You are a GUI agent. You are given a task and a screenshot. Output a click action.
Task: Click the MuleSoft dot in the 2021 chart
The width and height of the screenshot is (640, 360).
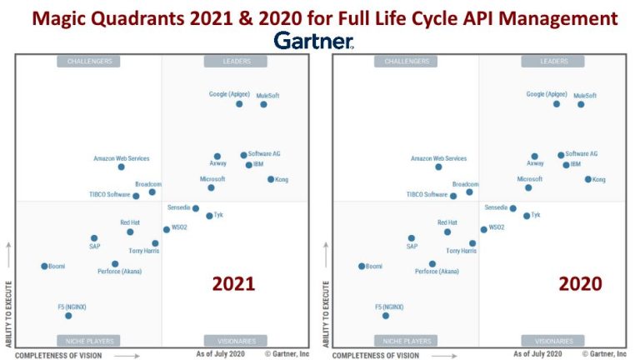pos(263,104)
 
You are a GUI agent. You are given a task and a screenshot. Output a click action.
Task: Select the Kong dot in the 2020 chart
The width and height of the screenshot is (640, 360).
pos(587,179)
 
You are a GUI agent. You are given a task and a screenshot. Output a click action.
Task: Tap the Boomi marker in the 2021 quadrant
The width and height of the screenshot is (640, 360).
pos(44,266)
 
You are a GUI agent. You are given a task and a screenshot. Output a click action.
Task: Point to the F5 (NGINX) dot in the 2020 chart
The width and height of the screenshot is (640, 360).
pos(386,316)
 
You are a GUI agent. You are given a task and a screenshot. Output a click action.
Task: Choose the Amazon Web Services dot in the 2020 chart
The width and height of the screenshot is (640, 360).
pos(438,167)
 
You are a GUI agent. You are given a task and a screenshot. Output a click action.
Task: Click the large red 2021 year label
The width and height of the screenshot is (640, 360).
pos(233,284)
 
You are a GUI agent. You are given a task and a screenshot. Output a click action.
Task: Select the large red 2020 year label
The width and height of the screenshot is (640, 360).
pos(580,284)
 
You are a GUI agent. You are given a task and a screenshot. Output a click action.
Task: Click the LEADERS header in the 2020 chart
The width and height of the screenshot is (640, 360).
pos(554,61)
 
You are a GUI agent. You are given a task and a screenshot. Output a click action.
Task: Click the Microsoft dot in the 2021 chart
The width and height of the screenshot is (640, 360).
pos(211,187)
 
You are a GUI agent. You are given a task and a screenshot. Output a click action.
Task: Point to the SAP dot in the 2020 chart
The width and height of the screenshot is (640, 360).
pos(412,238)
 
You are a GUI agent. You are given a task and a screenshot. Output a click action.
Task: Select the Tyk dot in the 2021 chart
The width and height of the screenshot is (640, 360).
pos(209,216)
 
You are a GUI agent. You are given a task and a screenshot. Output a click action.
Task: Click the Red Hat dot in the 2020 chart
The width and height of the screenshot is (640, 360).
pos(447,232)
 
